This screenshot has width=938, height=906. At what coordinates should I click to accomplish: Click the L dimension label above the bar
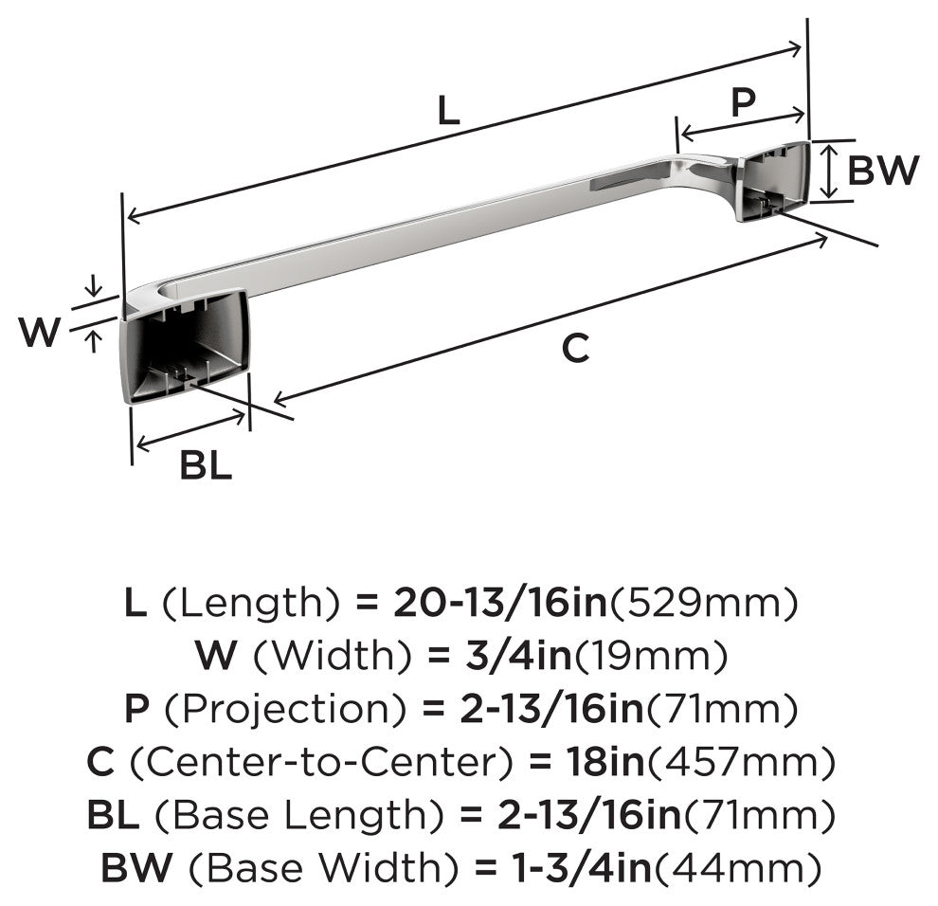point(449,111)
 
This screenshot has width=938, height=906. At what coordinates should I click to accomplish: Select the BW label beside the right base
point(883,170)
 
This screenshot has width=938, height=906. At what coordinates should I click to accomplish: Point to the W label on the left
point(40,332)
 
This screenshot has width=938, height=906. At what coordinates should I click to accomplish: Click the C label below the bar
point(575,348)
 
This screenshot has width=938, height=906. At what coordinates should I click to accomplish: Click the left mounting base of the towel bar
point(184,347)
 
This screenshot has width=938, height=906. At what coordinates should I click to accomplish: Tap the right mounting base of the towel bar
point(774,180)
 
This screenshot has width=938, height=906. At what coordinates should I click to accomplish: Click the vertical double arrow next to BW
point(828,171)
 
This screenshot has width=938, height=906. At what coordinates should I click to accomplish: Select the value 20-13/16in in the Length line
point(500,603)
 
